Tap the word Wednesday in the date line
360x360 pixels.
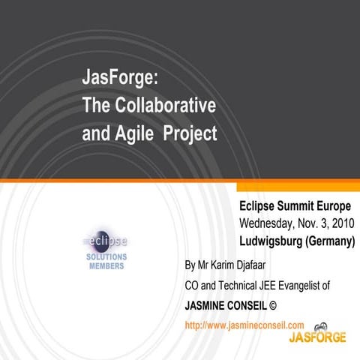272,223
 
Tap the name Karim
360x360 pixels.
227,265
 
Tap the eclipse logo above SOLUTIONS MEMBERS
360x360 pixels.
105,241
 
